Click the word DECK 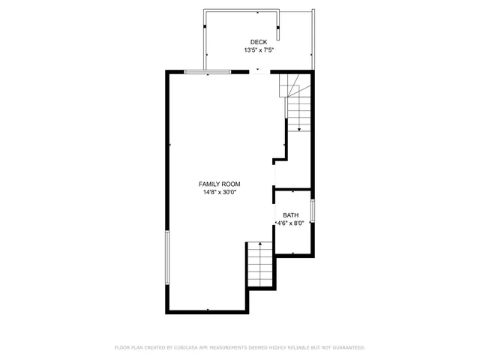tap(258, 42)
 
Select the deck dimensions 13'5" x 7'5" tap(258, 51)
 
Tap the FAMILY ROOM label tap(219, 184)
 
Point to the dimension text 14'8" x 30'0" tap(219, 193)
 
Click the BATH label tap(290, 215)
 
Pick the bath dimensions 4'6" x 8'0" tap(290, 223)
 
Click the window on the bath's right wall tap(313, 211)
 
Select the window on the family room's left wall tap(166, 257)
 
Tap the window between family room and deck tap(208, 71)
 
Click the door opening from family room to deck tap(258, 71)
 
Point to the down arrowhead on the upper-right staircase tap(299, 130)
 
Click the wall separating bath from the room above tap(293, 189)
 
